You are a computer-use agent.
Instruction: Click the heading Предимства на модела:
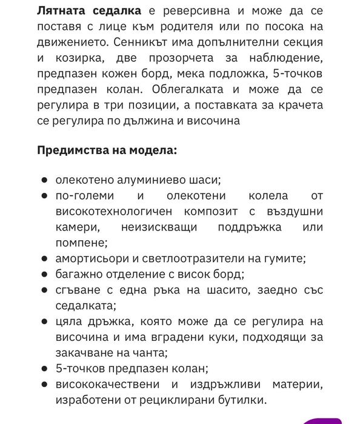[x=107, y=150]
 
